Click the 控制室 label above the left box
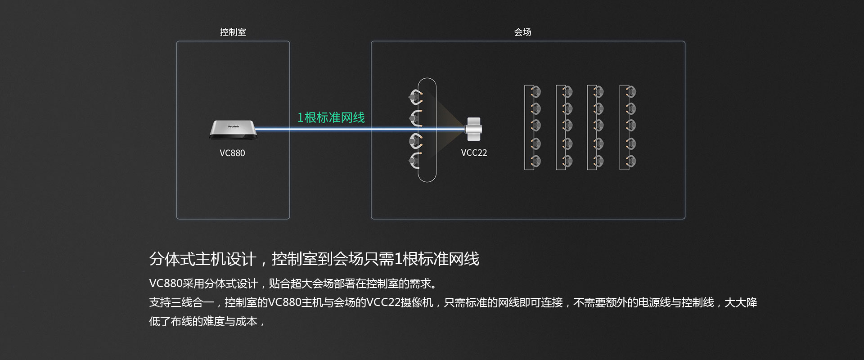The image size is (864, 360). click(x=233, y=32)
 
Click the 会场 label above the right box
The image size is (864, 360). click(x=522, y=32)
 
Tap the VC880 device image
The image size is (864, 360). click(x=232, y=130)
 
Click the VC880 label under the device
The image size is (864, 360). click(x=232, y=153)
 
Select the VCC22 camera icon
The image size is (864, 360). click(x=473, y=129)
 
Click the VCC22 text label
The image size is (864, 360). click(x=474, y=153)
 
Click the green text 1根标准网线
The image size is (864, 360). click(x=331, y=117)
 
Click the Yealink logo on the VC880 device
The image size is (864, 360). click(x=233, y=126)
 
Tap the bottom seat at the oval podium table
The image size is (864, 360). click(x=415, y=160)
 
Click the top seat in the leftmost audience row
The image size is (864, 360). click(x=535, y=92)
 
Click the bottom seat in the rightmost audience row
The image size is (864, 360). click(x=630, y=161)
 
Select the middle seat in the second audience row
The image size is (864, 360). click(x=567, y=125)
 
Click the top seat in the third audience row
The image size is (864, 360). click(x=598, y=92)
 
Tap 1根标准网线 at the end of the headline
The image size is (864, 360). click(x=436, y=259)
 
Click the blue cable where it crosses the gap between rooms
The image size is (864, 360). click(x=330, y=130)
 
